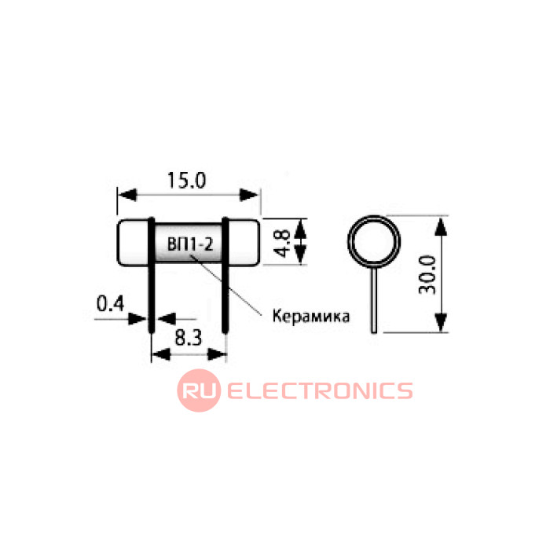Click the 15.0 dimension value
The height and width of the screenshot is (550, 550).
pyautogui.click(x=186, y=180)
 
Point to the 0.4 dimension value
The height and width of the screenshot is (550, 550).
pyautogui.click(x=108, y=302)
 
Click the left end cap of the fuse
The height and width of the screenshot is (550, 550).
pyautogui.click(x=133, y=244)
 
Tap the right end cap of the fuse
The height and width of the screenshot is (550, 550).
pyautogui.click(x=243, y=244)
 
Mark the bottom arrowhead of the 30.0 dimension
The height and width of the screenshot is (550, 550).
pyautogui.click(x=442, y=322)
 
